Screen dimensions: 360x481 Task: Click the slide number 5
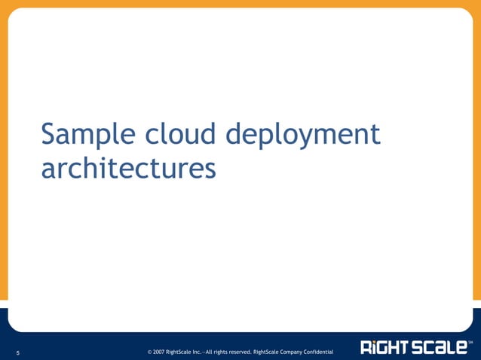tap(17, 351)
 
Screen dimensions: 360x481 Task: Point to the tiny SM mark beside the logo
tap(470, 343)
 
